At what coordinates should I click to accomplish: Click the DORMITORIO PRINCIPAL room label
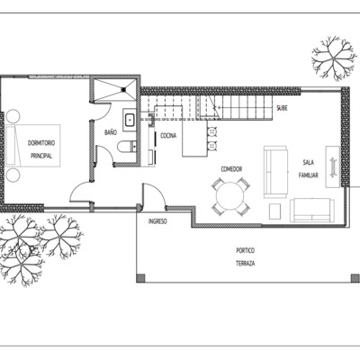[x=40, y=149]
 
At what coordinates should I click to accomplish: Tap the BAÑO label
[x=110, y=132]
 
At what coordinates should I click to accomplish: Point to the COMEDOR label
[x=232, y=168]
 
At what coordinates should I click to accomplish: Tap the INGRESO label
[x=157, y=220]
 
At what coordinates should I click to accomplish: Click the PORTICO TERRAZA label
[x=245, y=256]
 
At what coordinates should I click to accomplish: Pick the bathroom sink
[x=128, y=118]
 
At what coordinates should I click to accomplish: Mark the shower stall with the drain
[x=115, y=87]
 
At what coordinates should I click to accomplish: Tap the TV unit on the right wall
[x=332, y=166]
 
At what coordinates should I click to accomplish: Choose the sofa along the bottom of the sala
[x=311, y=211]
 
